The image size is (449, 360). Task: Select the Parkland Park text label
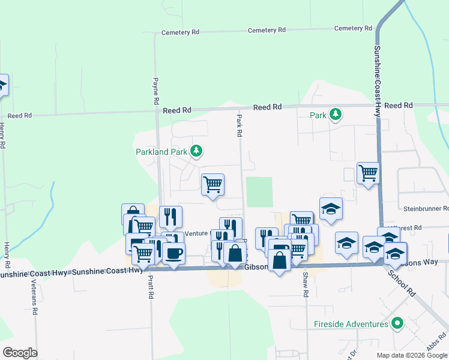point(161,152)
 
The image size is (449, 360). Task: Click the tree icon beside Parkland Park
point(196,151)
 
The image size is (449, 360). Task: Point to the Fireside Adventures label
point(351,325)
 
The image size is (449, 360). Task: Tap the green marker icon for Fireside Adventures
point(396,324)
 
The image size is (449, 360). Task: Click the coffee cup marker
point(173,253)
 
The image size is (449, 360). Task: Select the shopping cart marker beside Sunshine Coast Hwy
point(367,173)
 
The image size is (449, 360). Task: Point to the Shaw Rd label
point(306,284)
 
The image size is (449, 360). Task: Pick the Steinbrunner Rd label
point(426,209)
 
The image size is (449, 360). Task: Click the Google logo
point(20,353)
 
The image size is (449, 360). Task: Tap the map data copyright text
point(412,355)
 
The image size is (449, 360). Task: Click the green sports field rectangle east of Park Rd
point(259,191)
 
